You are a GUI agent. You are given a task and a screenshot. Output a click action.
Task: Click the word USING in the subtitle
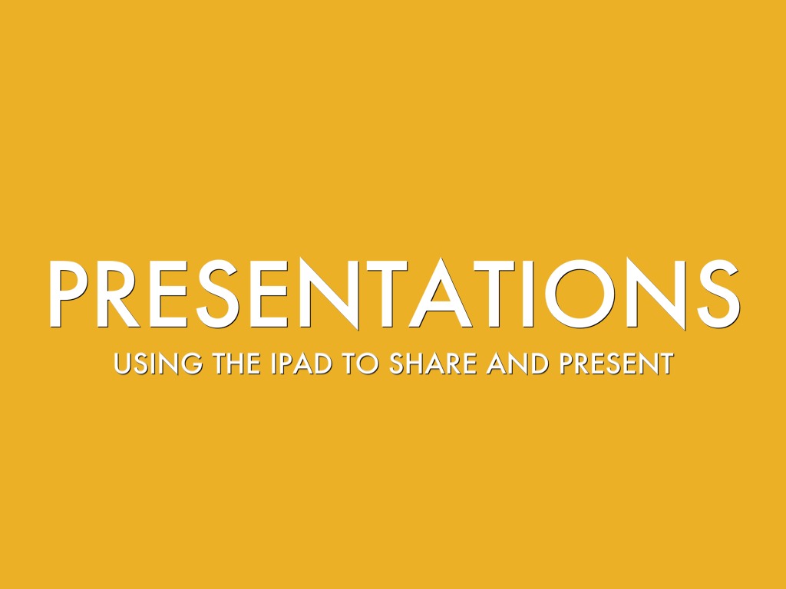(x=158, y=364)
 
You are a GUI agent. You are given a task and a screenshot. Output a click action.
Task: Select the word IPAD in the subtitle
(x=301, y=364)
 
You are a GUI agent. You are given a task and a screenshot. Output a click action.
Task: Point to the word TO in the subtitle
(x=360, y=364)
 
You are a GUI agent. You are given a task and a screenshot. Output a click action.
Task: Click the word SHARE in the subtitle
(x=433, y=364)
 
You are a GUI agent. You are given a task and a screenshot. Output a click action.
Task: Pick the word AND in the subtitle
(x=518, y=364)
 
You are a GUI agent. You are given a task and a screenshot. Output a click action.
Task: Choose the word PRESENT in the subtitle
(x=617, y=364)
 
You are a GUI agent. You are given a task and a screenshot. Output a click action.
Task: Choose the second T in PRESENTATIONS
(x=495, y=294)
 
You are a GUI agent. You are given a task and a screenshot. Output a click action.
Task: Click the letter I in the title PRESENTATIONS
(x=528, y=294)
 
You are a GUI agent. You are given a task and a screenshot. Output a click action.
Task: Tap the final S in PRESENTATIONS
(x=718, y=294)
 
